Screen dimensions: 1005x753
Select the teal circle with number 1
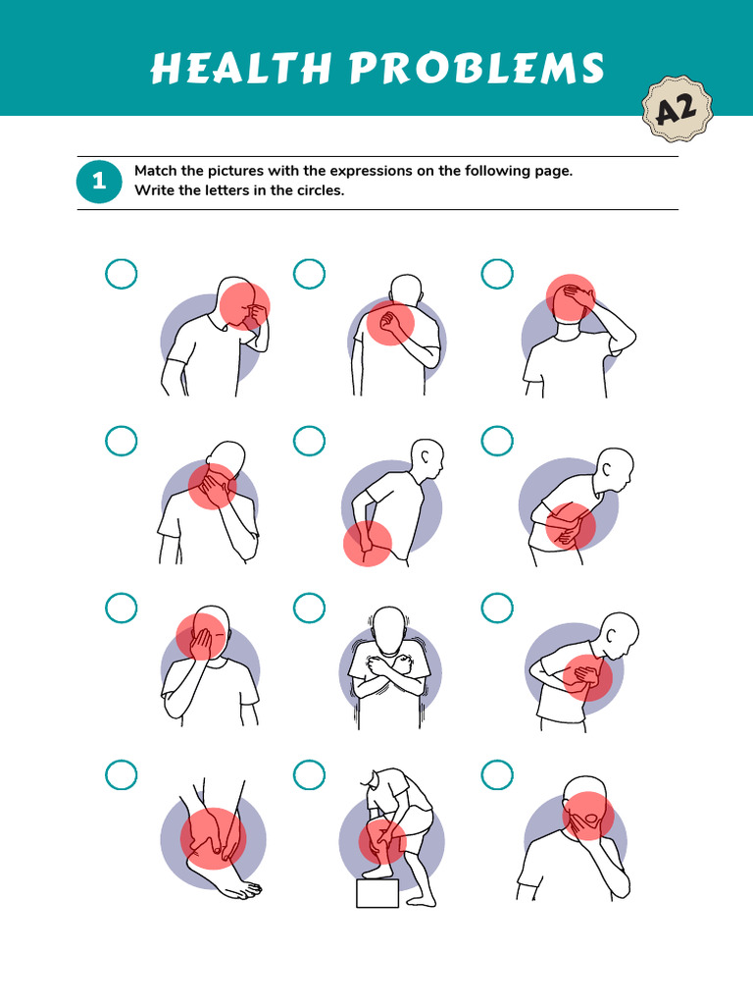[x=98, y=183]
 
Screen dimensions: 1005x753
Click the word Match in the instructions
[x=155, y=171]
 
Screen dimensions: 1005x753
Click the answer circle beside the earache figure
[x=121, y=275]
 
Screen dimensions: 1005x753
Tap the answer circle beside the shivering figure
[x=309, y=608]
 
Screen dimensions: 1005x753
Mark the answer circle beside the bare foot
[x=121, y=775]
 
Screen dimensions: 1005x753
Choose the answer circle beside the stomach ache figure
[x=497, y=442]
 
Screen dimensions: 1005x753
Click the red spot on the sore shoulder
[x=390, y=323]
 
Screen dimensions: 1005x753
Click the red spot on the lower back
[x=368, y=544]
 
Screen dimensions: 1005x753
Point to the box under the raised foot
[x=377, y=893]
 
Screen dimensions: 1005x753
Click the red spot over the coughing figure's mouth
[x=588, y=817]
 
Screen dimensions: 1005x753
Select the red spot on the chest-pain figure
[x=587, y=678]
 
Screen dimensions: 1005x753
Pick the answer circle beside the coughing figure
[x=497, y=775]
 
